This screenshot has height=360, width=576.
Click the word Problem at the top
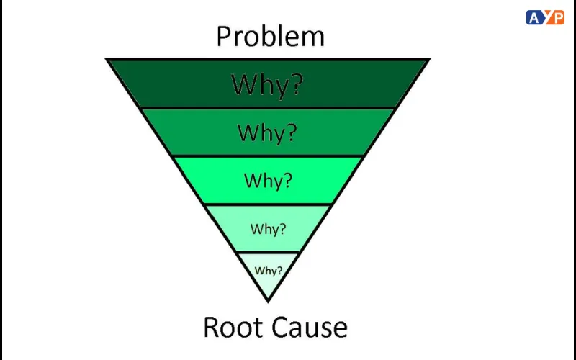tap(270, 35)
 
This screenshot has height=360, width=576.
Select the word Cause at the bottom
tap(312, 327)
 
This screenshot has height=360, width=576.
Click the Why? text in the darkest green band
tap(267, 84)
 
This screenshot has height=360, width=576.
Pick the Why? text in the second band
tap(267, 132)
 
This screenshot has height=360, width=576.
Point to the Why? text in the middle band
tap(268, 179)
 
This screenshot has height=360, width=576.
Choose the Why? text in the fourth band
tap(268, 229)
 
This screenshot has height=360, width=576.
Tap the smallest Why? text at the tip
tap(269, 271)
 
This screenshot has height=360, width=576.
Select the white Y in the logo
tap(545, 17)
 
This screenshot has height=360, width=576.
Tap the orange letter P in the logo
tap(556, 17)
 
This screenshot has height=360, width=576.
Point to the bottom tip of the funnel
tap(269, 301)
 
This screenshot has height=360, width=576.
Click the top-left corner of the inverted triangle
tap(107, 59)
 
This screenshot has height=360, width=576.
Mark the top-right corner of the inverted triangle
tap(430, 59)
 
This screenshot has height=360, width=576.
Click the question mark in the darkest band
tap(295, 84)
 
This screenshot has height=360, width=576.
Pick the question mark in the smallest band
tap(279, 271)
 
